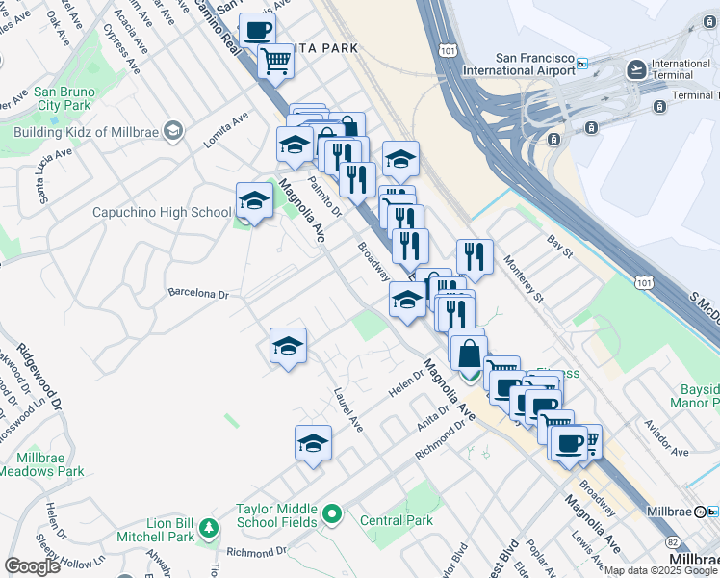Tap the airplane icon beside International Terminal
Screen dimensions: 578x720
tap(636, 69)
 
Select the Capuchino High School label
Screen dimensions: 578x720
tap(162, 212)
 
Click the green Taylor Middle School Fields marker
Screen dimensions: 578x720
tap(333, 515)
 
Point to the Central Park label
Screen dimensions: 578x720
tap(397, 520)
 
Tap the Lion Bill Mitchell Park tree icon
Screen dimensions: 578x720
tap(207, 528)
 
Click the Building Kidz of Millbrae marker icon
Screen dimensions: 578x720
tap(173, 130)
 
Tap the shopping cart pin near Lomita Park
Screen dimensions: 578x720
tap(276, 61)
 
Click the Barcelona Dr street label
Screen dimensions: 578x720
tap(197, 293)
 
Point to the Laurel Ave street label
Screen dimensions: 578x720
tap(347, 409)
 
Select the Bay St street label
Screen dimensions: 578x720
tap(559, 253)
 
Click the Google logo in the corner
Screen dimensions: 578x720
tap(33, 566)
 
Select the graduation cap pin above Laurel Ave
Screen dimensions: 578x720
tap(288, 346)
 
